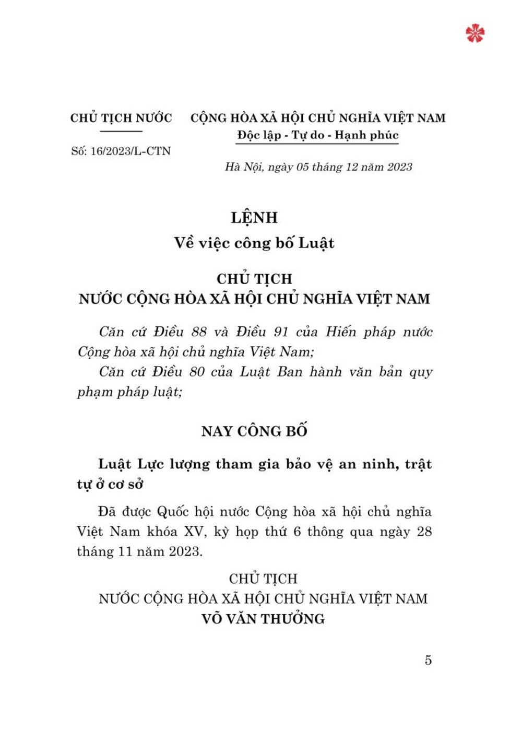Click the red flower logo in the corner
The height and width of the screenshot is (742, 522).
click(474, 33)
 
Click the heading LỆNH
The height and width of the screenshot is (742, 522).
click(254, 217)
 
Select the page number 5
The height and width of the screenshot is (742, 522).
click(428, 661)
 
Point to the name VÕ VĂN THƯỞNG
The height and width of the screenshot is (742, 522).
click(263, 619)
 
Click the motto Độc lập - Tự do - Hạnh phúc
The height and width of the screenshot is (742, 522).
click(317, 135)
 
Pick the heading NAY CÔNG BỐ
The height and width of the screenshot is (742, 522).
click(254, 431)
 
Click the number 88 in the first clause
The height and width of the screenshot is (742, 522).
click(199, 332)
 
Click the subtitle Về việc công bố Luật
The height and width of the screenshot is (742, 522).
click(254, 243)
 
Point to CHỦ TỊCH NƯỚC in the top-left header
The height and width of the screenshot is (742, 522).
click(121, 118)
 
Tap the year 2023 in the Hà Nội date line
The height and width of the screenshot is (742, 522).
click(399, 167)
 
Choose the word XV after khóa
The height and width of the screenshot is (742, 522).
click(195, 532)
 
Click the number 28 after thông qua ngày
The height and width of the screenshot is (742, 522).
click(424, 532)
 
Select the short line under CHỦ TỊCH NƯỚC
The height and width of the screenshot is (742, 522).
click(121, 131)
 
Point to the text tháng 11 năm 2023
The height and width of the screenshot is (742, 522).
click(139, 552)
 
